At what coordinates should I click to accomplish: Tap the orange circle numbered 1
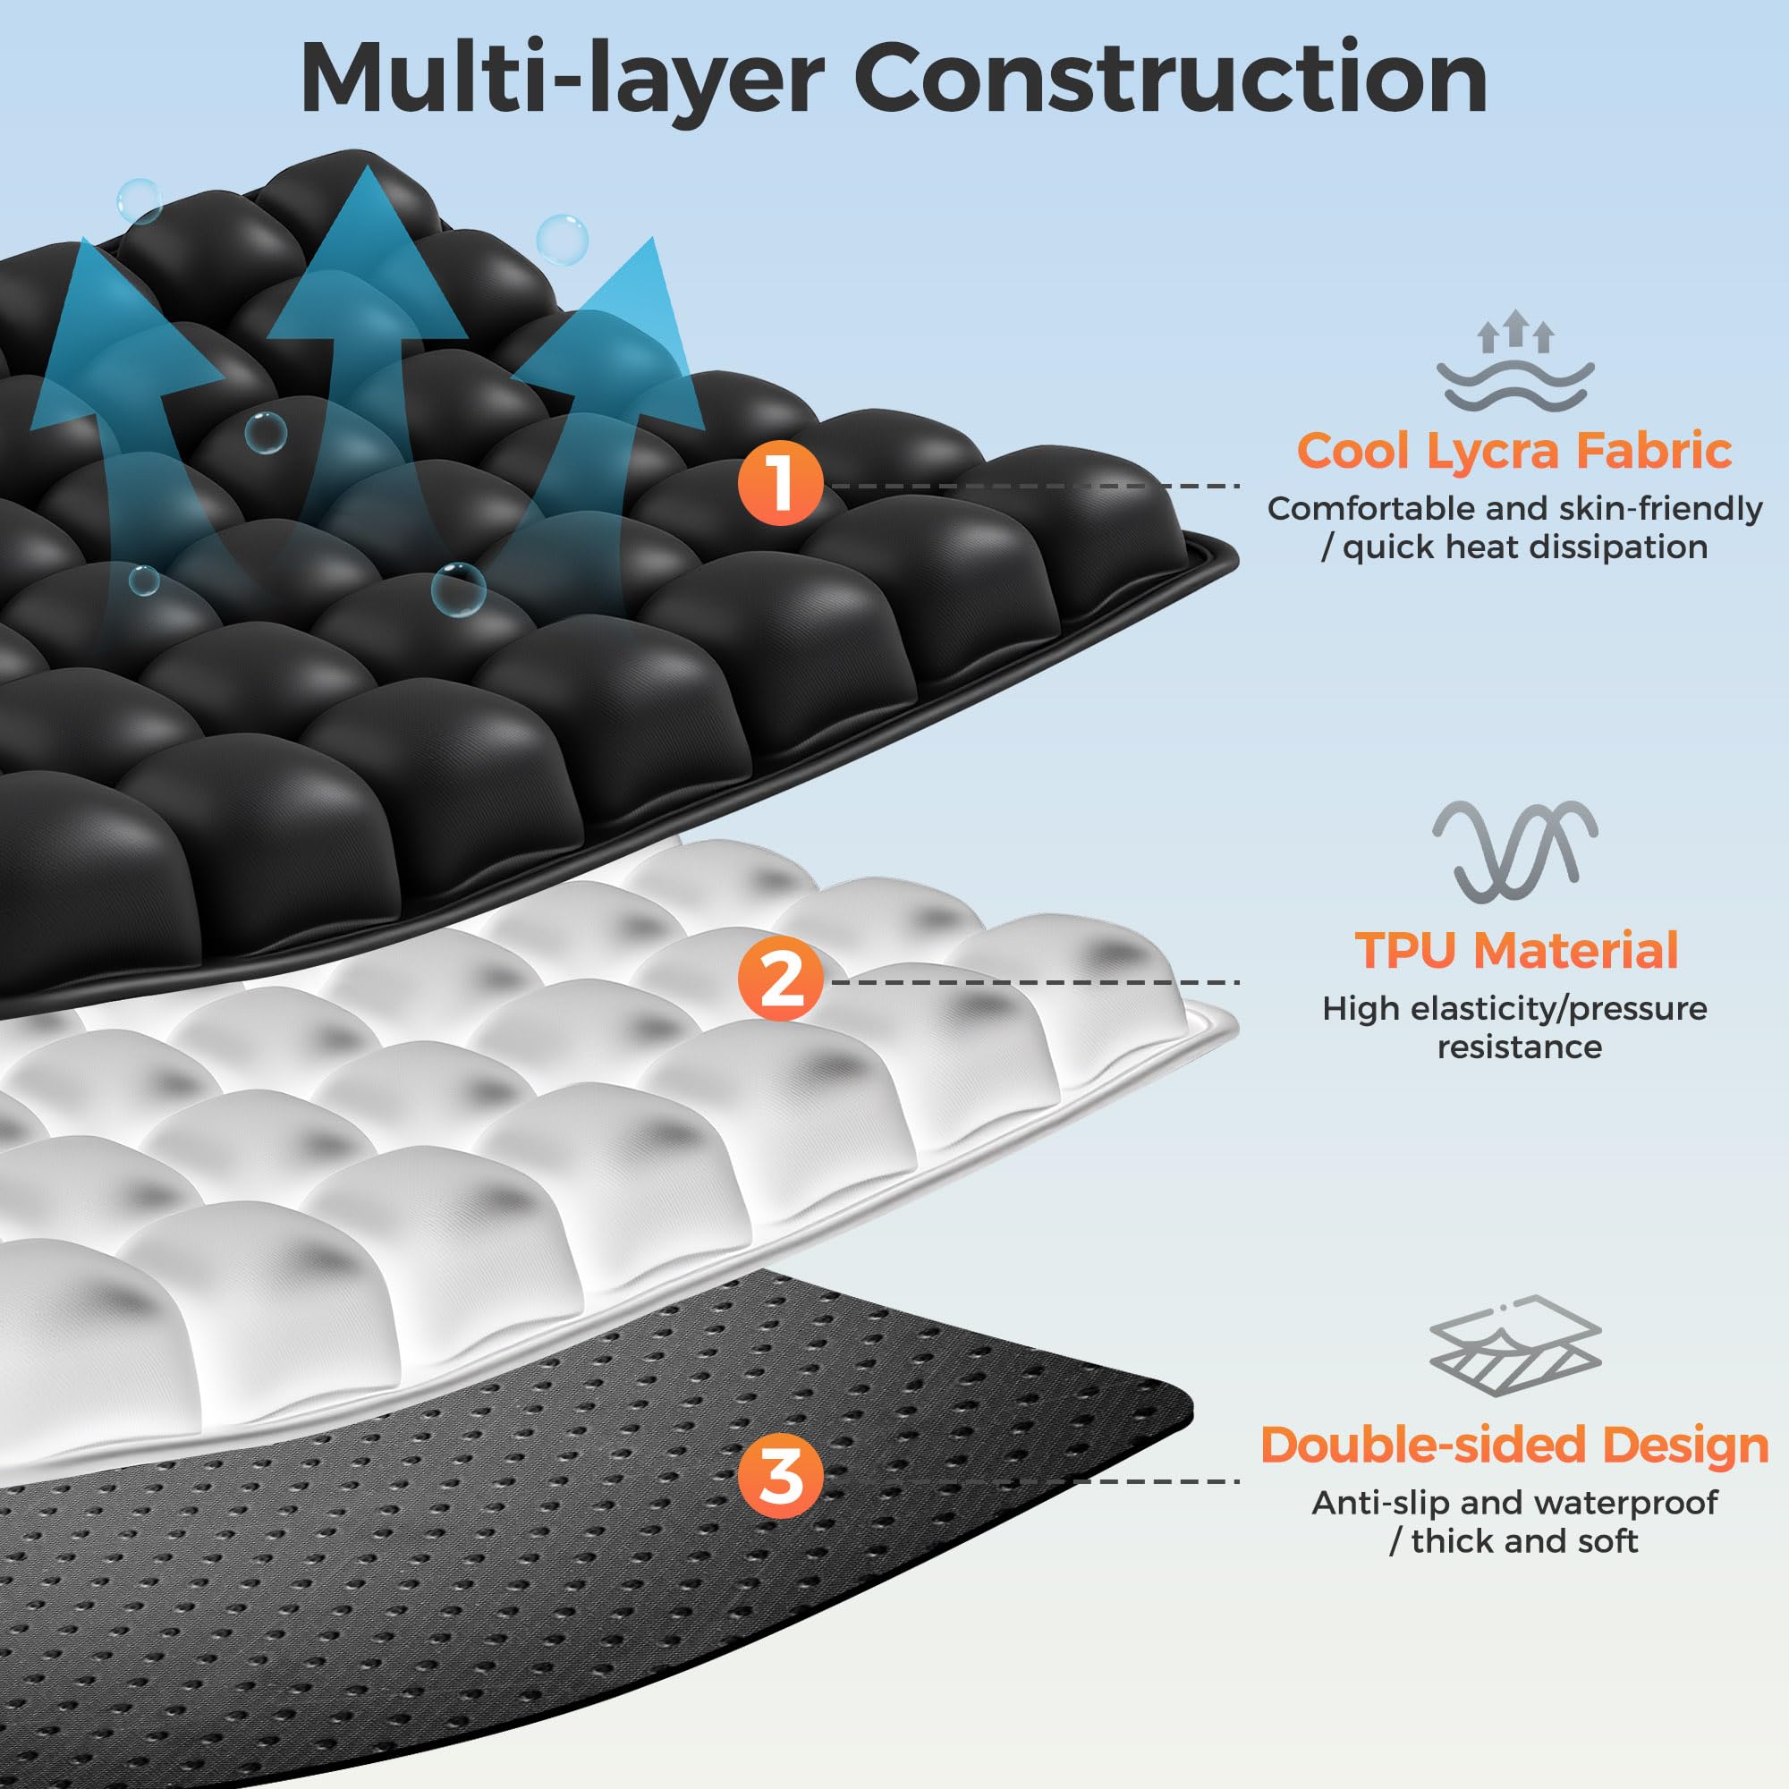click(x=780, y=483)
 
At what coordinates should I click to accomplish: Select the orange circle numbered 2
click(x=780, y=980)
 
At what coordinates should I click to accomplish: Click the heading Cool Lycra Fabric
click(x=1514, y=451)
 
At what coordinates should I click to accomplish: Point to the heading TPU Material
click(x=1517, y=950)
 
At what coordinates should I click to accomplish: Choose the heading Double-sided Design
click(x=1514, y=1445)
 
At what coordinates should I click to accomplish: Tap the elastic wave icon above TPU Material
click(x=1515, y=851)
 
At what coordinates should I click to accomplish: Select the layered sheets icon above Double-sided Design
click(x=1515, y=1345)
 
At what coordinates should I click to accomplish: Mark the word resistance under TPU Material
click(x=1519, y=1047)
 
